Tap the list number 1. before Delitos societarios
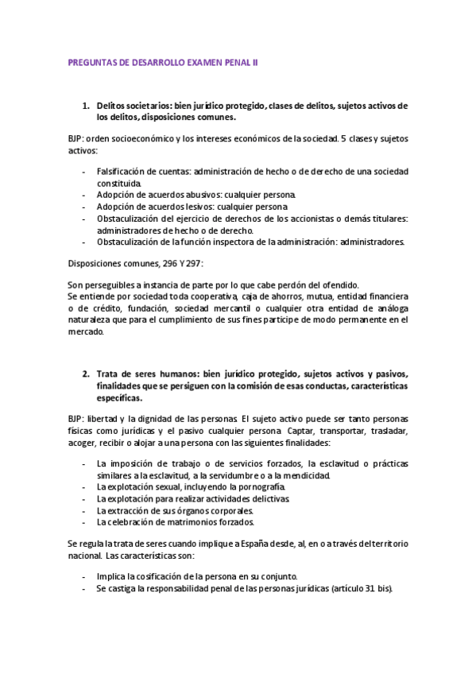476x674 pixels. coord(86,105)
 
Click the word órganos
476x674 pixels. coord(192,510)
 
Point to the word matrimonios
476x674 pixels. coord(192,522)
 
